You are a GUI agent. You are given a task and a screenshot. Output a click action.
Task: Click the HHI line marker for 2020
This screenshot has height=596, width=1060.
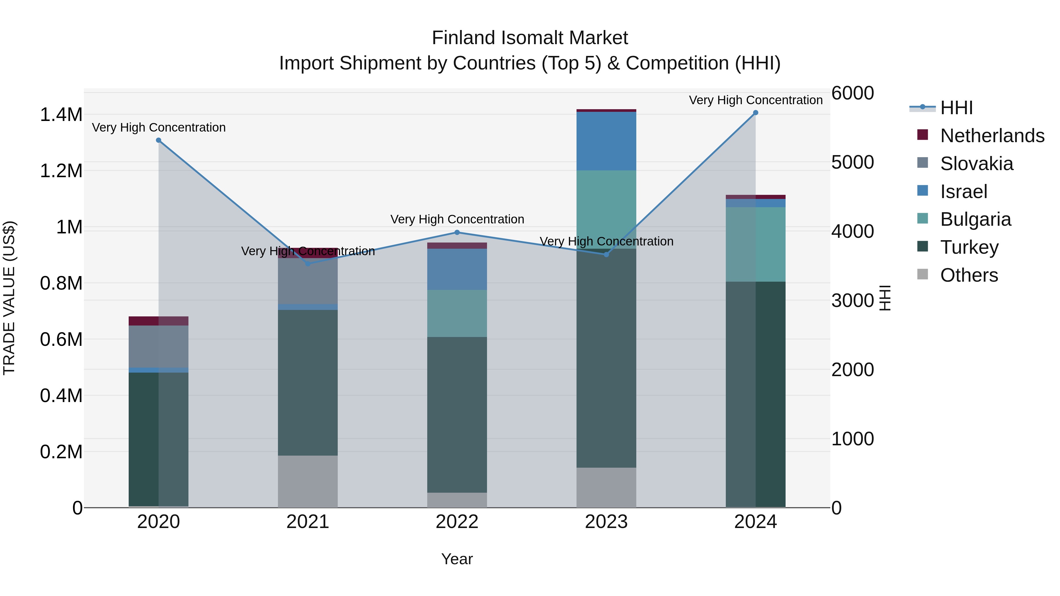point(158,140)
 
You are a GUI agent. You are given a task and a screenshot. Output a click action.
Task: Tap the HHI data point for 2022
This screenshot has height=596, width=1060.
point(457,233)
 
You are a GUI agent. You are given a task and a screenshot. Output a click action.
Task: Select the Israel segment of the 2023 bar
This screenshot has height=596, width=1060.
point(606,141)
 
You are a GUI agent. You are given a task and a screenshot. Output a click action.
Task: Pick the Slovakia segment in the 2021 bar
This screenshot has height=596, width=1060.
point(308,281)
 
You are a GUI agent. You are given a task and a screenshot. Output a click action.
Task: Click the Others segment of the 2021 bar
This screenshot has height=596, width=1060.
point(308,481)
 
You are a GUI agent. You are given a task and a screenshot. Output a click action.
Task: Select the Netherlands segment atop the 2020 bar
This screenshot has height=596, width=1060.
point(158,321)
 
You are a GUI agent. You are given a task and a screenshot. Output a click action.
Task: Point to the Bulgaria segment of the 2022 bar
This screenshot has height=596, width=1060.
point(457,313)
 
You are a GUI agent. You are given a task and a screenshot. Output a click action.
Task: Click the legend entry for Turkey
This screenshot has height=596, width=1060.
point(969,247)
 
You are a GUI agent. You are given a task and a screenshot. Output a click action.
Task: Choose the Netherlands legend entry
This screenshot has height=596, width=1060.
point(992,136)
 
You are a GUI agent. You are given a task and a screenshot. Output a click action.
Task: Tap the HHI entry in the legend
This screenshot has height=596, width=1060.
point(956,108)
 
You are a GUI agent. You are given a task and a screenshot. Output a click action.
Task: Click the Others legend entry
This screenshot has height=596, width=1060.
point(969,275)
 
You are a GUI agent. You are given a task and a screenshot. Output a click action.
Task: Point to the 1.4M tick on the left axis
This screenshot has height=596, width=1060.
point(61,115)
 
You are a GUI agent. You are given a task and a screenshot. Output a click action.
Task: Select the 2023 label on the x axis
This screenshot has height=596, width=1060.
point(606,522)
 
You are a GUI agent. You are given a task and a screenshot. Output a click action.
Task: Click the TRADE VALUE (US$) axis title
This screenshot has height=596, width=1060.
point(9,298)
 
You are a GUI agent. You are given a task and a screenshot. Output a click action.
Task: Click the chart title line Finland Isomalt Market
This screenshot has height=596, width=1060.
point(530,38)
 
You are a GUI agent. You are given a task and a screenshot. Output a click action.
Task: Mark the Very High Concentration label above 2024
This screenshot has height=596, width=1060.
point(756,100)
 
